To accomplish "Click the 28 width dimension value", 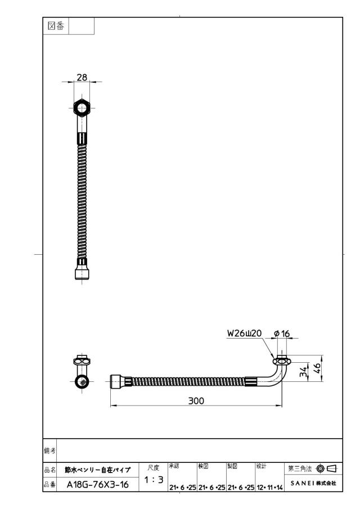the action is point(82,77).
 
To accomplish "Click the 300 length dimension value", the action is point(196,400).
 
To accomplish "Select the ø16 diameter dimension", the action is point(282,334).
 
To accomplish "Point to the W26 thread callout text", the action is point(244,334).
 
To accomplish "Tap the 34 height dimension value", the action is point(303,372).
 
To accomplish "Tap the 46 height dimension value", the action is point(317,368).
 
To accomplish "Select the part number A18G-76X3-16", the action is point(98,485).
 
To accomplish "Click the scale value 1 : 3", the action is point(154,479).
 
